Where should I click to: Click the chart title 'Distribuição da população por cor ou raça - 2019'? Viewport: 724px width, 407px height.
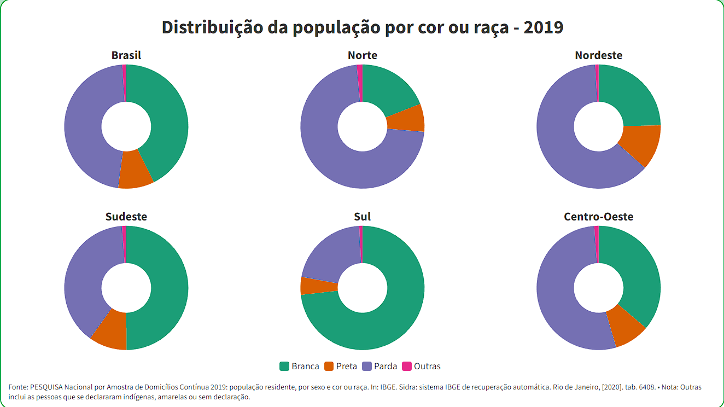362,27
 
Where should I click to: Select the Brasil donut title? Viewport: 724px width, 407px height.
126,55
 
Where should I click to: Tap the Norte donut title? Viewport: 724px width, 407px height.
362,55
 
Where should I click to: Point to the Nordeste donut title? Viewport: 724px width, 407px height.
598,55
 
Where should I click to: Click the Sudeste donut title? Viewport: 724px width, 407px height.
126,217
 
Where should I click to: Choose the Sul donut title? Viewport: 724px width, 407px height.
362,217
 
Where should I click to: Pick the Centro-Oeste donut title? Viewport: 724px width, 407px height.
598,217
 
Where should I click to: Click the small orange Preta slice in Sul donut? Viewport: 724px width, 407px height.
318,286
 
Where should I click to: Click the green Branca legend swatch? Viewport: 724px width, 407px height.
284,367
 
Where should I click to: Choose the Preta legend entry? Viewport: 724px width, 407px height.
341,367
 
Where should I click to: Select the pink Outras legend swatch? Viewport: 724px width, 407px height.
406,367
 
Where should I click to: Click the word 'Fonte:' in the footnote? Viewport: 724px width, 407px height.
19,387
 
